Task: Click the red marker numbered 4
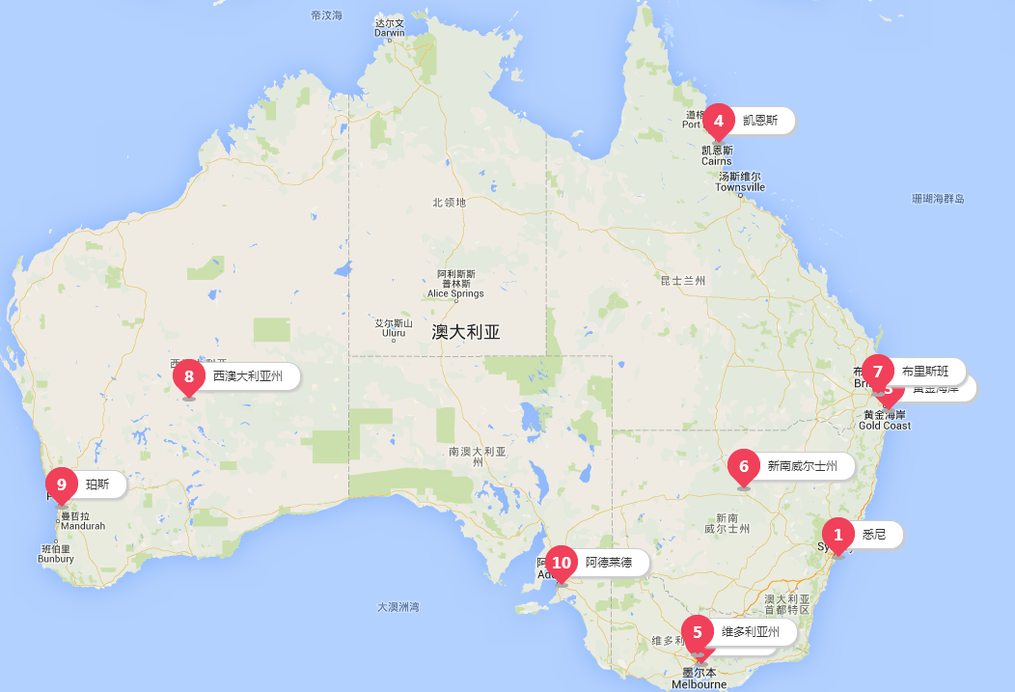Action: click(x=718, y=122)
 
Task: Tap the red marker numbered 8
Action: click(x=189, y=376)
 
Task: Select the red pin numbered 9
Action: click(x=62, y=484)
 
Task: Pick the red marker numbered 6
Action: click(x=743, y=466)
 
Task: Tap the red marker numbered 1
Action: click(x=837, y=535)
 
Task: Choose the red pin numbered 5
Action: click(x=698, y=633)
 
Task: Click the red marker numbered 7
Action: click(x=878, y=372)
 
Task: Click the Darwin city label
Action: click(x=390, y=32)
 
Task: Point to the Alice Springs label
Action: click(x=455, y=293)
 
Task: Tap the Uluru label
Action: click(x=394, y=335)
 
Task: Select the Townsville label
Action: click(x=741, y=187)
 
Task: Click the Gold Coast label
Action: click(x=884, y=426)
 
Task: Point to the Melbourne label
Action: click(x=700, y=684)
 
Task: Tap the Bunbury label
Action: click(x=56, y=558)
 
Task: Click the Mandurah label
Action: click(x=82, y=526)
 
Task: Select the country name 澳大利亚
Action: click(x=466, y=333)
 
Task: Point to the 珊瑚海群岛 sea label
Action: click(x=938, y=199)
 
